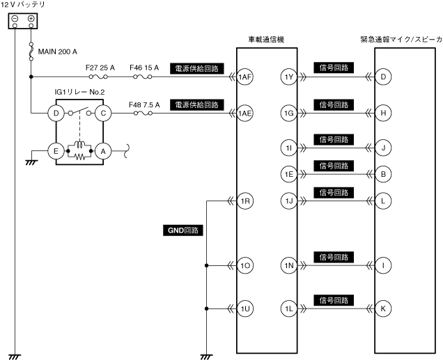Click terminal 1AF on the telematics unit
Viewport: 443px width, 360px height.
(244, 77)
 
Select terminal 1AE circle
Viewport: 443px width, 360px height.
(244, 113)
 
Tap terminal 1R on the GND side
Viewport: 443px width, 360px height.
(244, 202)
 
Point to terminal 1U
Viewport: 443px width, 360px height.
(244, 308)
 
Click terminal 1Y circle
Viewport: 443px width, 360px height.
(289, 77)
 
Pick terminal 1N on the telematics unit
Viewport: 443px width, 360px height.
(289, 265)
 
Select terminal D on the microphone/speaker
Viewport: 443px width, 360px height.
(382, 77)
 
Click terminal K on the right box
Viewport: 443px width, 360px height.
(382, 308)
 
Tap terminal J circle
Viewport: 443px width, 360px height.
(382, 148)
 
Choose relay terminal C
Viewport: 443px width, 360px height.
(103, 113)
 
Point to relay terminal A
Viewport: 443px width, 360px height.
(103, 150)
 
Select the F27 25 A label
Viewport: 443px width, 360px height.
(100, 68)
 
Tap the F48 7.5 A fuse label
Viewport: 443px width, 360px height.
(145, 104)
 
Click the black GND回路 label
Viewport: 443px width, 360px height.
(185, 229)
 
